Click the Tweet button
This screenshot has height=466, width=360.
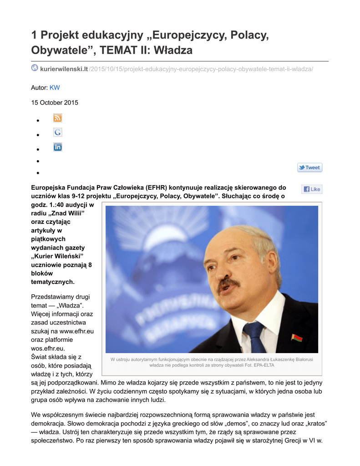pyautogui.click(x=309, y=167)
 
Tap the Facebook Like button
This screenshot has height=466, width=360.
pyautogui.click(x=312, y=189)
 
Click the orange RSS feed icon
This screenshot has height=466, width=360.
pyautogui.click(x=57, y=118)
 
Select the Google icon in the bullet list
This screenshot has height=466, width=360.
pyautogui.click(x=57, y=132)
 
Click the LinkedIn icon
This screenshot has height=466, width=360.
pyautogui.click(x=57, y=147)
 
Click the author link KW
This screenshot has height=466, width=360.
pyautogui.click(x=55, y=87)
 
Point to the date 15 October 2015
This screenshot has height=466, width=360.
pyautogui.click(x=55, y=102)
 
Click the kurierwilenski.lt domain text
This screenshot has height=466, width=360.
pyautogui.click(x=64, y=69)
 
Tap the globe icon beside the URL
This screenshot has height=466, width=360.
pyautogui.click(x=35, y=68)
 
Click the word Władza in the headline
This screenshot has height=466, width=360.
pyautogui.click(x=173, y=50)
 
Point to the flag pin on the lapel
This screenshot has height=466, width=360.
pyautogui.click(x=296, y=338)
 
